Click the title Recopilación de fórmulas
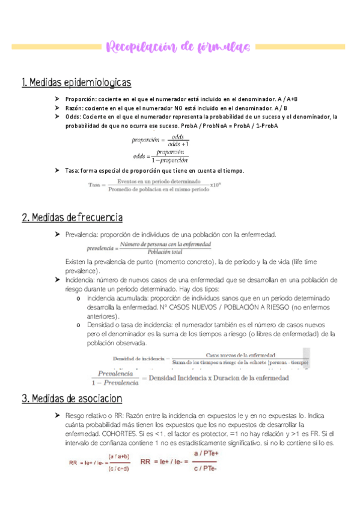click(x=180, y=46)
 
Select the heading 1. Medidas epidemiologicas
click(x=76, y=82)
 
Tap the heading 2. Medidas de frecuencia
click(x=72, y=217)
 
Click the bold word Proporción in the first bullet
click(x=81, y=99)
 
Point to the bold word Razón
click(x=75, y=108)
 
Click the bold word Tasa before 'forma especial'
click(x=73, y=171)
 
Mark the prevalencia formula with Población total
click(x=148, y=248)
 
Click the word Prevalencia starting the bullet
click(x=82, y=234)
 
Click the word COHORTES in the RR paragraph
click(x=129, y=434)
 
